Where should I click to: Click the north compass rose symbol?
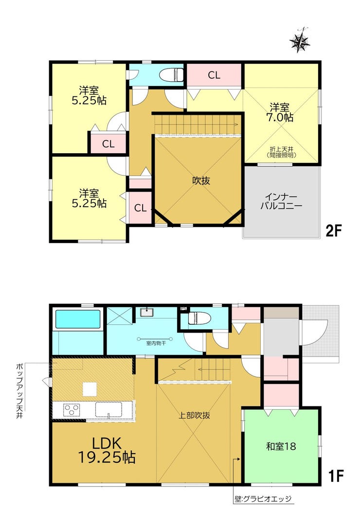tap(299, 40)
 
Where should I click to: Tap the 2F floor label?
tap(333, 231)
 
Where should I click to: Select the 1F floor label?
tap(335, 476)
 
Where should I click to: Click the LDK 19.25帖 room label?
tap(107, 451)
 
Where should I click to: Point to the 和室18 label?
tap(281, 446)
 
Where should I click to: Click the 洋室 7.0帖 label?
tap(281, 112)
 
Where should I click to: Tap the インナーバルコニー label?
tap(281, 201)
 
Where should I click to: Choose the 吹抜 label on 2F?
tap(201, 181)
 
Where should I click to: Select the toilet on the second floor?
tap(171, 74)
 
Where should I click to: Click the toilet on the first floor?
tap(199, 318)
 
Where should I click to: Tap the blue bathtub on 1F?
tap(78, 319)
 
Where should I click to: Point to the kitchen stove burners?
tap(72, 410)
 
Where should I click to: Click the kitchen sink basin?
tap(108, 409)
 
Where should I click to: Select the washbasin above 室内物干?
tap(146, 312)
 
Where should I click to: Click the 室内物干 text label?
tap(156, 343)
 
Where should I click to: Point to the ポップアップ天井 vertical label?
tap(20, 390)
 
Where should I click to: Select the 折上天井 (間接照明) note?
tap(281, 152)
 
